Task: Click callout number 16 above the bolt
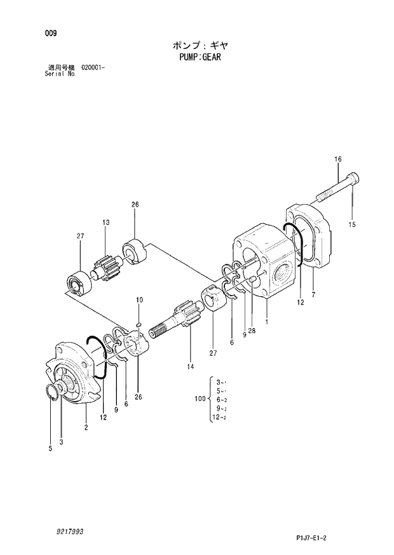[x=337, y=159]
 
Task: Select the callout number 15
[x=352, y=224]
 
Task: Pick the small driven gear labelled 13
[x=107, y=264]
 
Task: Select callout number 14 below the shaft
[x=189, y=367]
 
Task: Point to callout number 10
[x=139, y=299]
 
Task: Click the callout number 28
[x=252, y=330]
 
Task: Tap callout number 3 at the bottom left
[x=62, y=441]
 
